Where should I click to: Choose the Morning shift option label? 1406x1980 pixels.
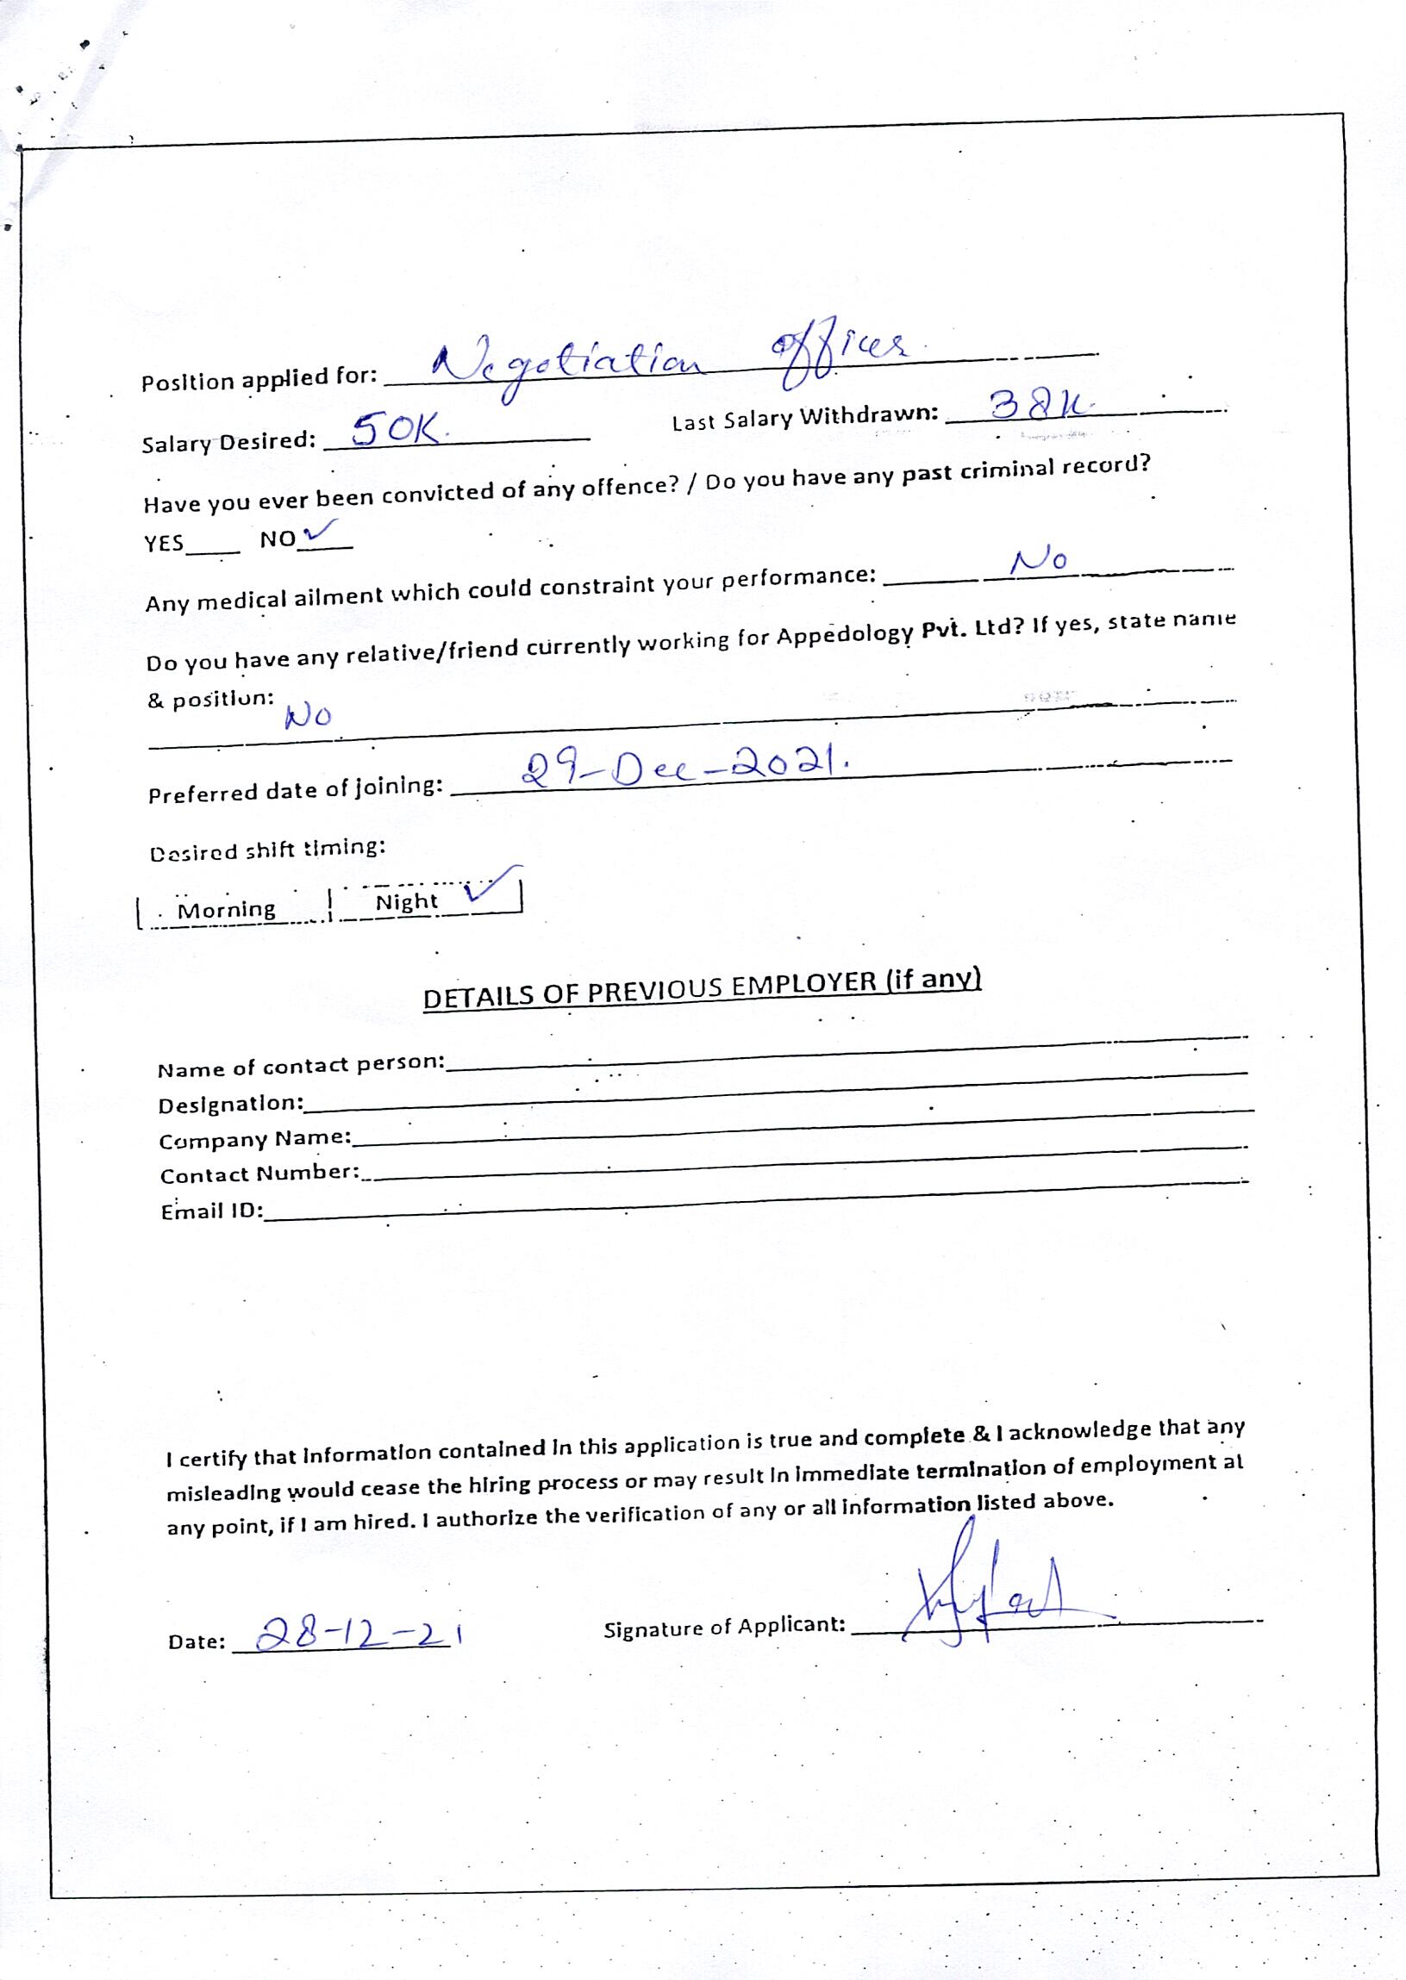226,911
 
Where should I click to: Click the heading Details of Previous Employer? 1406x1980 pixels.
701,988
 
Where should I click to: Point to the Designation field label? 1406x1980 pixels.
230,1105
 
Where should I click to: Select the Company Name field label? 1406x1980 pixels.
254,1140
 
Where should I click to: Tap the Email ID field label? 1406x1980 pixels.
212,1210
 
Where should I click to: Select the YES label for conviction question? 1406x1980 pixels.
165,543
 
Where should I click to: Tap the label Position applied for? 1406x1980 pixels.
259,379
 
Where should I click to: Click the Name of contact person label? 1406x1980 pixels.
300,1067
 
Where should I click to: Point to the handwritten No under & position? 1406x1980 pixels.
309,716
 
